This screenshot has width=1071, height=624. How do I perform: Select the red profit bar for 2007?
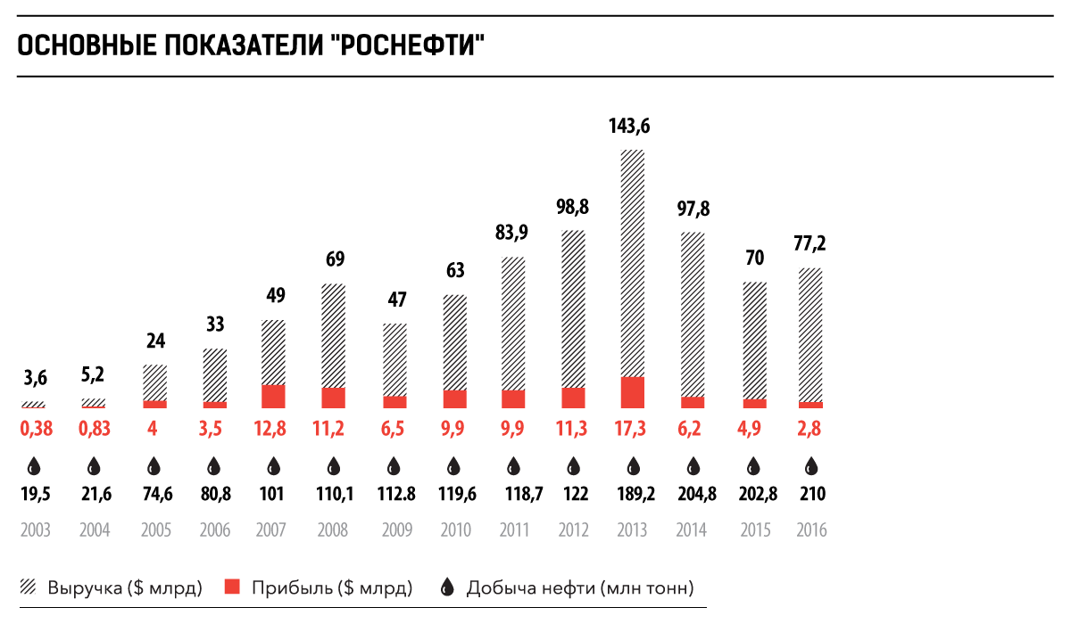tap(273, 397)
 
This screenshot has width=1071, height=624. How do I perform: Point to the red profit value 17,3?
tap(633, 428)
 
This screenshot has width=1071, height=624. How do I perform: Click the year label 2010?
tap(455, 530)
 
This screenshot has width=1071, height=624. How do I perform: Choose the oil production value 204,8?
tap(693, 495)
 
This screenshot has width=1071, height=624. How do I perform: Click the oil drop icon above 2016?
tap(811, 465)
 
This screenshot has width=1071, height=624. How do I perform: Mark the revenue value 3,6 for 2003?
tap(35, 378)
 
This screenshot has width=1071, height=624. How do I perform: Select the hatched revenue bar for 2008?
tap(333, 335)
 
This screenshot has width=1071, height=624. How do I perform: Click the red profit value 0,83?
tap(94, 428)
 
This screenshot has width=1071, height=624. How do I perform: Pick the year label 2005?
tap(155, 530)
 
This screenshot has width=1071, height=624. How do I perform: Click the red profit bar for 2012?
tap(573, 398)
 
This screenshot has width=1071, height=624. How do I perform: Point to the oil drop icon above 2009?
tap(394, 465)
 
